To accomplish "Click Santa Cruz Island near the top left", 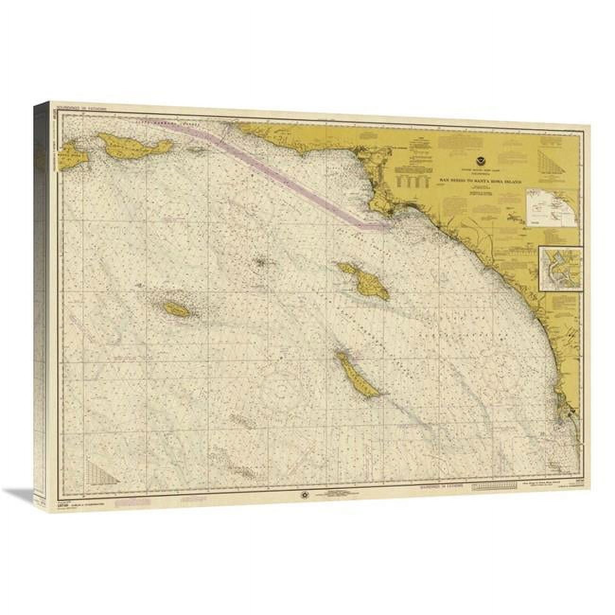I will point(129,145).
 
